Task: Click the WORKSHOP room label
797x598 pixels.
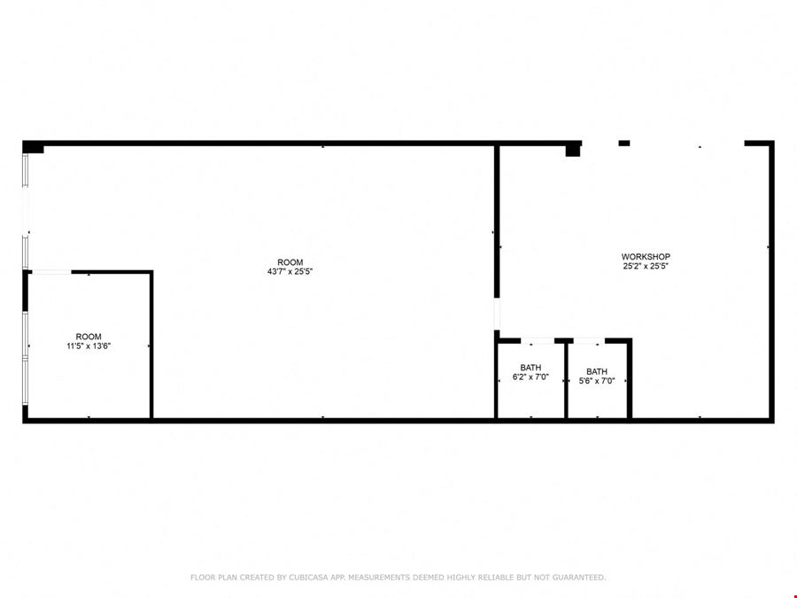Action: [646, 257]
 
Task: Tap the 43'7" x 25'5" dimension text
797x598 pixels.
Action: [290, 272]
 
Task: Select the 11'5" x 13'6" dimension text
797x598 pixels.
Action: [89, 346]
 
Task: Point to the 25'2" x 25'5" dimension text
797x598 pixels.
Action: [646, 266]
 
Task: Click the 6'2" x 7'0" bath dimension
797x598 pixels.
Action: [530, 377]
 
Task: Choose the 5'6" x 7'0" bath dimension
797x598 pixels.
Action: [597, 380]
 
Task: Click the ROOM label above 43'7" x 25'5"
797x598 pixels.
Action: [290, 262]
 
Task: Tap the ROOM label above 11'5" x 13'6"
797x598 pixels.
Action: [89, 337]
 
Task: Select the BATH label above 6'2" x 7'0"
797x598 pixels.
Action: [530, 368]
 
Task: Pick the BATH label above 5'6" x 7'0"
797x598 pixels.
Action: [597, 371]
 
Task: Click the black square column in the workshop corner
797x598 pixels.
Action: [573, 150]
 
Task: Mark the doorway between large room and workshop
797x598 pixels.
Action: [497, 314]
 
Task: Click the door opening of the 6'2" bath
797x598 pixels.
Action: [538, 340]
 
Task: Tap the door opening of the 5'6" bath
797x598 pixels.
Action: [589, 340]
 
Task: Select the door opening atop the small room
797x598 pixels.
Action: [51, 272]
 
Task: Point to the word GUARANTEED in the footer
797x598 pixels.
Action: [579, 577]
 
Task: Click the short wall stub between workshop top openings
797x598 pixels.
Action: [624, 143]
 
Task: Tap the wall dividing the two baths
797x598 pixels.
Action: [566, 379]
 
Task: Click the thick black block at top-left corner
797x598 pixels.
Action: [33, 147]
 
